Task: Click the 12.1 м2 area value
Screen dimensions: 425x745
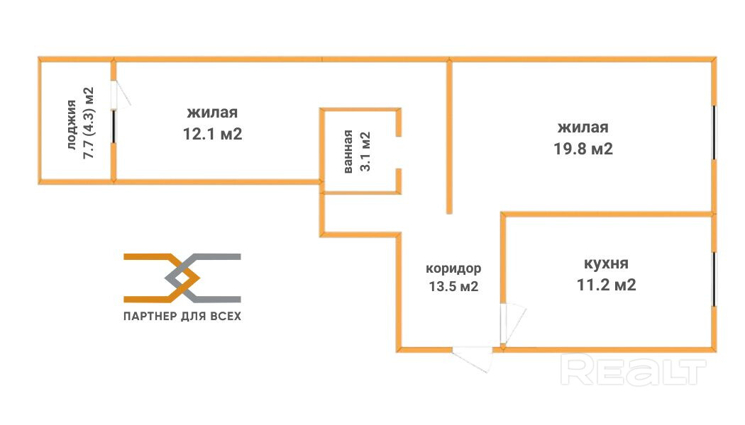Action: click(213, 134)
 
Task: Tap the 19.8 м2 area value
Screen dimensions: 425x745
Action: click(583, 149)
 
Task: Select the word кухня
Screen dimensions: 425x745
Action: click(605, 263)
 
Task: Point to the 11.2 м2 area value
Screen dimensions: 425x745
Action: click(605, 285)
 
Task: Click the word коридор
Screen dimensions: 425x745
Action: click(453, 269)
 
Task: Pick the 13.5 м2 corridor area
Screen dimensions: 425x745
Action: click(452, 287)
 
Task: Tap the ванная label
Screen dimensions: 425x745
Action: click(348, 152)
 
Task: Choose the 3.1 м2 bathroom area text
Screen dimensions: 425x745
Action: click(366, 150)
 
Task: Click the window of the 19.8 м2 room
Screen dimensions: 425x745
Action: click(714, 132)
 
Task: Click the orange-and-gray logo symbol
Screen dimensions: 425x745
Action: click(182, 277)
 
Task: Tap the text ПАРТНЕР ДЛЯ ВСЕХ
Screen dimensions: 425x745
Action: click(182, 316)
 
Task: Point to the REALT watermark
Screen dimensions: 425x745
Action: click(634, 370)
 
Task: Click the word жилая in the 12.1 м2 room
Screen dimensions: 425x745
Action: click(212, 113)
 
